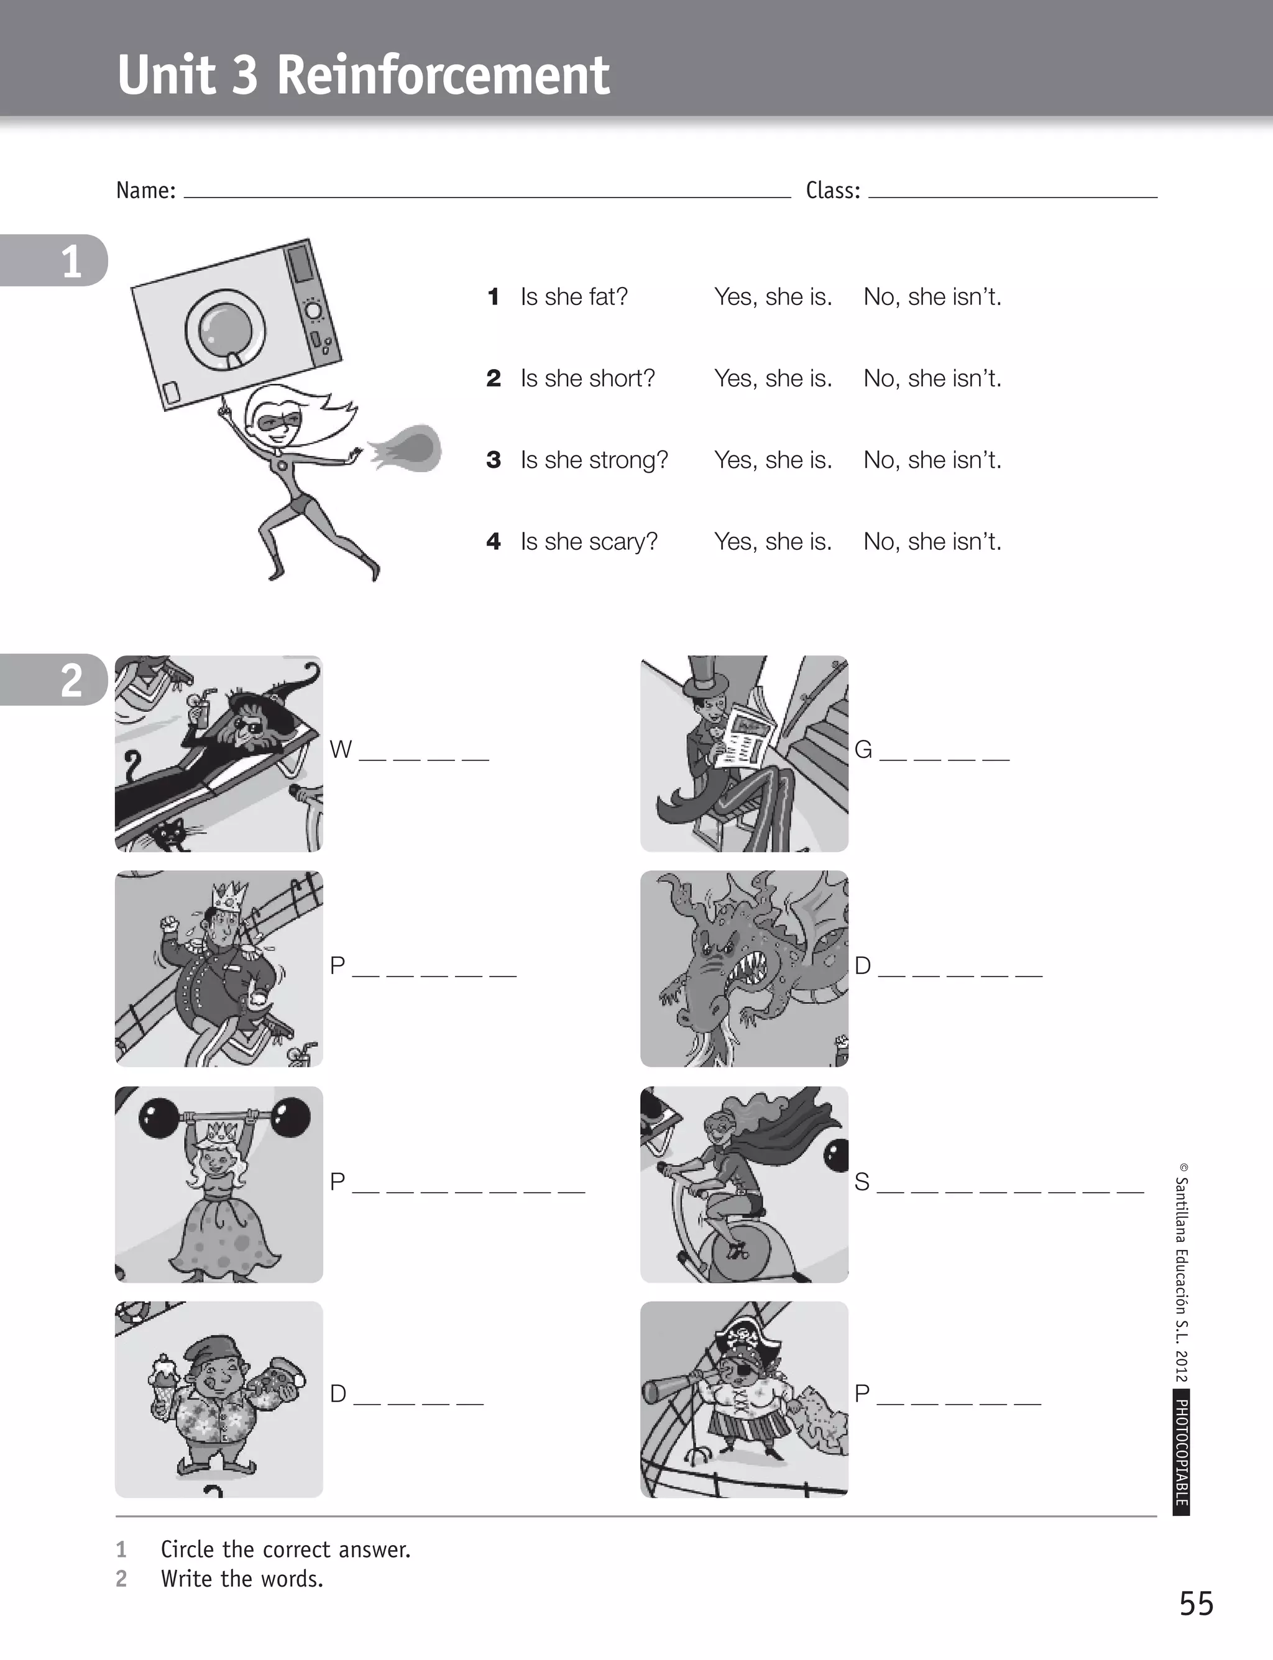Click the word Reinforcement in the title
click(443, 75)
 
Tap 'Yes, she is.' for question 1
click(772, 297)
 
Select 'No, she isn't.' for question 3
click(932, 460)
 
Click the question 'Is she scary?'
click(589, 542)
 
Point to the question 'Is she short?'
click(587, 378)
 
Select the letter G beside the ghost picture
click(863, 750)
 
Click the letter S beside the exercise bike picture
click(862, 1182)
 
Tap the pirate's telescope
click(674, 1387)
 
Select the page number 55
click(1196, 1603)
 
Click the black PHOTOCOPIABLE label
click(1180, 1452)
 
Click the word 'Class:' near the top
click(832, 190)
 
